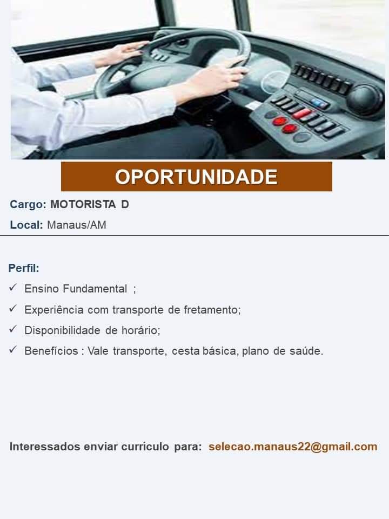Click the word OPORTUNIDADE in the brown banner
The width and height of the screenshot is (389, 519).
(x=196, y=177)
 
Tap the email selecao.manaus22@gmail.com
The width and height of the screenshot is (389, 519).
(x=293, y=447)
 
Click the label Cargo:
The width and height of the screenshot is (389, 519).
(x=28, y=205)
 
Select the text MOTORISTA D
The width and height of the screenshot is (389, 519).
(x=89, y=204)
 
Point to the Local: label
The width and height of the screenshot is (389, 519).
(x=26, y=225)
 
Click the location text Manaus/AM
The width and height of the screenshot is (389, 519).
(x=77, y=225)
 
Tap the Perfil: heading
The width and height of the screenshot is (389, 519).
(x=24, y=268)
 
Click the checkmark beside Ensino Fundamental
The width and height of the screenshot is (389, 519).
(x=13, y=287)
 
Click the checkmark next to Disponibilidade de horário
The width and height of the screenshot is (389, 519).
(x=13, y=329)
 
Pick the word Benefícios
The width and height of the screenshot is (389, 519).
(x=51, y=350)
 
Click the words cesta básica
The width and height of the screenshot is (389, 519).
(x=205, y=351)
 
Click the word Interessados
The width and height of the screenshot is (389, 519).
(x=45, y=447)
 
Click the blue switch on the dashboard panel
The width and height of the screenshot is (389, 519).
(x=320, y=103)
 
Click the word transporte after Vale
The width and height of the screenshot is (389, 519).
(x=139, y=351)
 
